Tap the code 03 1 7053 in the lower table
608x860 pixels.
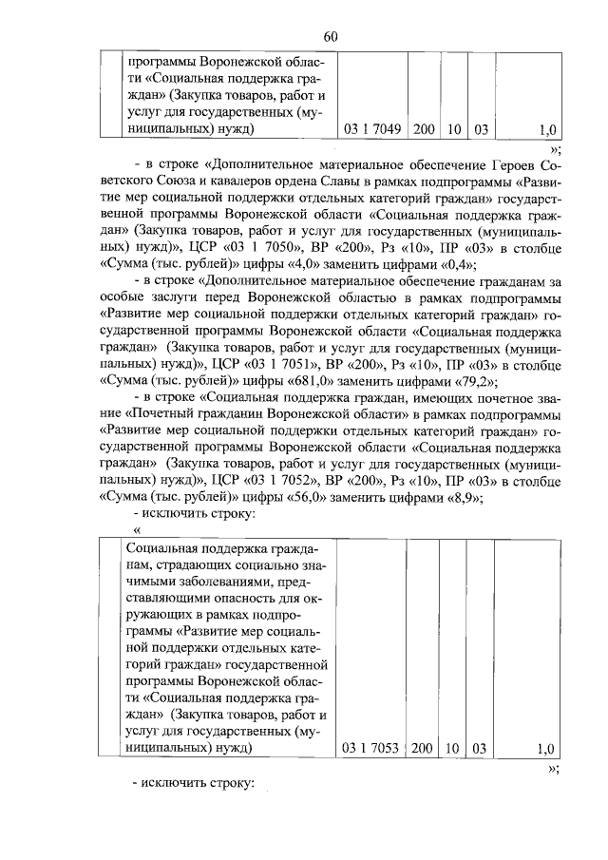[x=372, y=749]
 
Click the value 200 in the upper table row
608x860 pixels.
[x=425, y=128]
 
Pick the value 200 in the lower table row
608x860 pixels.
[x=422, y=749]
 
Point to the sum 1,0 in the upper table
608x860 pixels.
[x=546, y=128]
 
